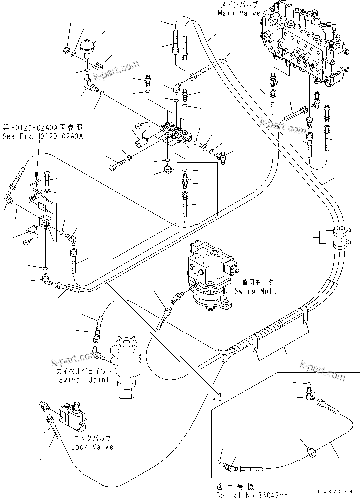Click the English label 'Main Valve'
pyautogui.click(x=237, y=13)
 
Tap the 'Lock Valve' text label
pyautogui.click(x=92, y=447)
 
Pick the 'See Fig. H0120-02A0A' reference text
pyautogui.click(x=42, y=135)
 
